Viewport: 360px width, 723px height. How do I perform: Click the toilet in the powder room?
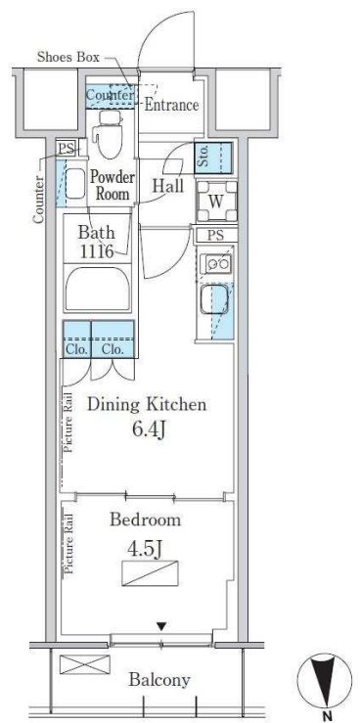(x=108, y=133)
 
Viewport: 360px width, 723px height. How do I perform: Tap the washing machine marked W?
(x=216, y=201)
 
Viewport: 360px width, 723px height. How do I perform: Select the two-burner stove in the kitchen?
(x=217, y=264)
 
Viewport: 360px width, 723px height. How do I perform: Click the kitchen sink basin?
(x=213, y=299)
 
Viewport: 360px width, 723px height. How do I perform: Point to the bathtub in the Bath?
(x=97, y=290)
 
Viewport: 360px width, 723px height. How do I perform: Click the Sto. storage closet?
(x=213, y=158)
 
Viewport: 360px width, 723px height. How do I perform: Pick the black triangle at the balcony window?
(x=160, y=626)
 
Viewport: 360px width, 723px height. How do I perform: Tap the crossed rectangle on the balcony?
(x=85, y=664)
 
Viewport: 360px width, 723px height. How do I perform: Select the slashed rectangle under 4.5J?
(x=150, y=573)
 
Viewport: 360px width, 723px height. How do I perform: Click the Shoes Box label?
(x=68, y=57)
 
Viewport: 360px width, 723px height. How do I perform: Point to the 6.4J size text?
(x=149, y=430)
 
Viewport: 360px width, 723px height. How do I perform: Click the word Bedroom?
(x=145, y=520)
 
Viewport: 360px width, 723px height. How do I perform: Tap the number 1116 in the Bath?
(x=97, y=251)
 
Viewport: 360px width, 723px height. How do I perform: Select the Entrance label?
(x=171, y=105)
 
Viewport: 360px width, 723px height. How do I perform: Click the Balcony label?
(x=159, y=679)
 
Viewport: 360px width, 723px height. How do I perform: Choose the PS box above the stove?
(x=216, y=235)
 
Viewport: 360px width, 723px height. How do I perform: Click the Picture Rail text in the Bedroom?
(x=68, y=544)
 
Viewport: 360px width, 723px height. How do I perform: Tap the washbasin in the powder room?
(x=75, y=184)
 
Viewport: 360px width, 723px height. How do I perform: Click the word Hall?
(x=168, y=186)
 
